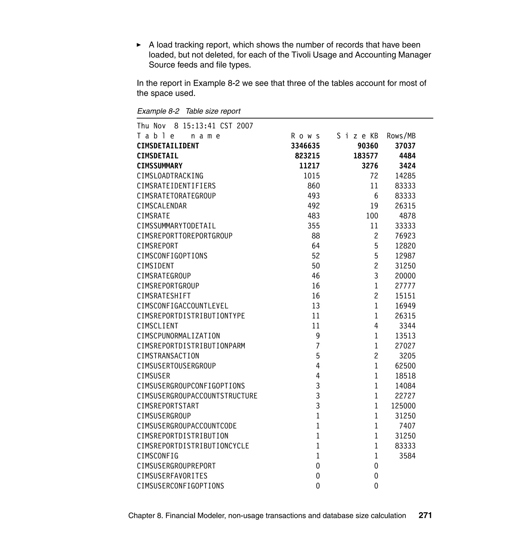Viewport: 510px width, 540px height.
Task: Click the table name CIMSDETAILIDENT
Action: (x=168, y=146)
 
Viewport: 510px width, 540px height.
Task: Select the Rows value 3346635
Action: (x=305, y=146)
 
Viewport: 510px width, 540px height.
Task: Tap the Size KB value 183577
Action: (x=365, y=156)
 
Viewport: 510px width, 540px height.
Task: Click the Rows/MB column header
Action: (x=401, y=136)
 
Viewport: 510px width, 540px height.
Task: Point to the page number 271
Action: (x=425, y=515)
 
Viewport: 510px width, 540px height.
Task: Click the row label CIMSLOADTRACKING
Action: (x=170, y=176)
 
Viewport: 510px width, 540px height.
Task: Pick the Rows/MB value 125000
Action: (x=403, y=406)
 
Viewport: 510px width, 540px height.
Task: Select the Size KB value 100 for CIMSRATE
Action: (x=372, y=216)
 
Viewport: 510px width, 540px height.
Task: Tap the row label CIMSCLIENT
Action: (x=157, y=326)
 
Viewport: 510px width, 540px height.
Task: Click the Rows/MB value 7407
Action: (x=407, y=426)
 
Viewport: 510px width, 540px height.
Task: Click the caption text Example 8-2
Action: (x=158, y=111)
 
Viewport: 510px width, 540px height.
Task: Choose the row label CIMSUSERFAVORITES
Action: (x=172, y=476)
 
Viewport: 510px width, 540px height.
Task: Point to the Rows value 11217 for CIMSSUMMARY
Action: (x=309, y=166)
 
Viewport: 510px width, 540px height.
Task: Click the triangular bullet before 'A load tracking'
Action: (x=139, y=45)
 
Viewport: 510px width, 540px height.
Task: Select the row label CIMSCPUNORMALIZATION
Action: (x=178, y=336)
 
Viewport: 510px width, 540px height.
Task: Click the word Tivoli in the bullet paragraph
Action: (x=301, y=55)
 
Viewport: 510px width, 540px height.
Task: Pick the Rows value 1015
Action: (x=312, y=176)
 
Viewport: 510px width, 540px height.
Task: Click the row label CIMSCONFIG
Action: (x=157, y=456)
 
